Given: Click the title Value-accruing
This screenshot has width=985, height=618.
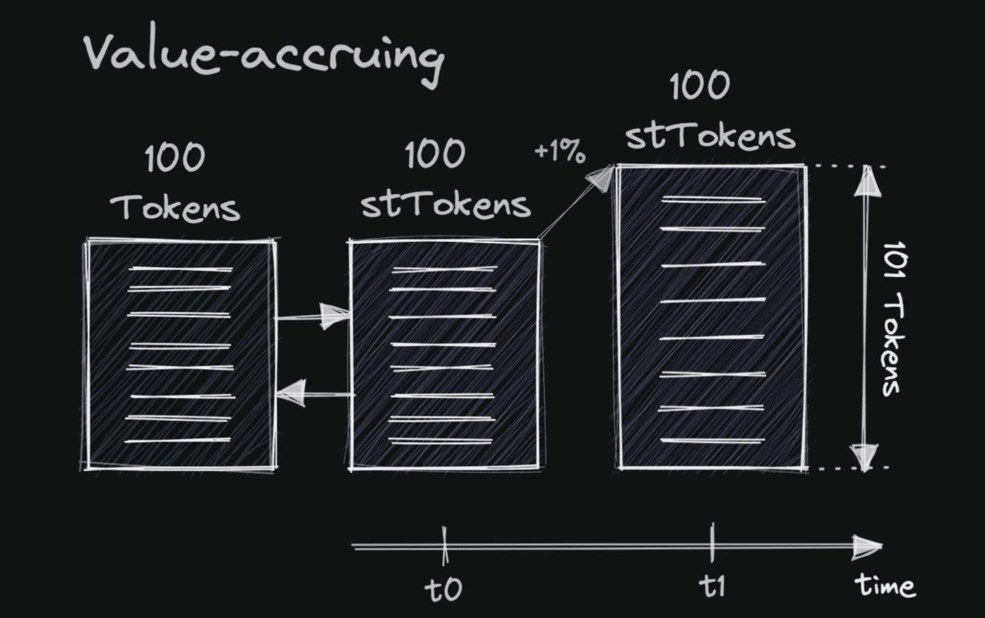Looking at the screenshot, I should coord(263,55).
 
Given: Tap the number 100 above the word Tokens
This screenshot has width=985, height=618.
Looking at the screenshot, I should coord(174,158).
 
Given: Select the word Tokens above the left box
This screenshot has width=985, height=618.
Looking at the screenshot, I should coord(175,207).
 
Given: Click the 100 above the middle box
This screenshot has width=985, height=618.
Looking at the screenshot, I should coord(435,155).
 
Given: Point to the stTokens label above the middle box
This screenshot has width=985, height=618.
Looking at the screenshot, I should coord(445,204).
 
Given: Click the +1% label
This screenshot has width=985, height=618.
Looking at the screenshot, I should coord(559,152).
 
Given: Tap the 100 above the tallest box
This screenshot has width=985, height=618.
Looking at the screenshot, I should coord(700,85).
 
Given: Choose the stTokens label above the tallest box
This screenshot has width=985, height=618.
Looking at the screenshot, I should coord(710,135).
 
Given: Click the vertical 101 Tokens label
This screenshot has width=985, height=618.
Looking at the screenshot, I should coord(893,318).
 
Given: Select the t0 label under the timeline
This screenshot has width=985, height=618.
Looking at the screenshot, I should coord(443,588).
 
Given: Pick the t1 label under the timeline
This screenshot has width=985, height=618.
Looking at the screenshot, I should coord(712,586).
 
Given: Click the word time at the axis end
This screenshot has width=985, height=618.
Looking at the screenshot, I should coord(885,585).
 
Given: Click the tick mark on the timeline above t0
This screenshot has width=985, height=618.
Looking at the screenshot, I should coord(444,545).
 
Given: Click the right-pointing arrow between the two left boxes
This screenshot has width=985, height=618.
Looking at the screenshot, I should coord(333,315).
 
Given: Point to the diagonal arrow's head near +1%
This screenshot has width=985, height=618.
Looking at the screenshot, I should coord(601,178).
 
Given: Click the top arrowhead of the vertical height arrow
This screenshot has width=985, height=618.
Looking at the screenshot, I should coord(866,180).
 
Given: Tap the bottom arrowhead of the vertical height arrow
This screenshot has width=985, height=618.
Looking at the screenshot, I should coord(864,456).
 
